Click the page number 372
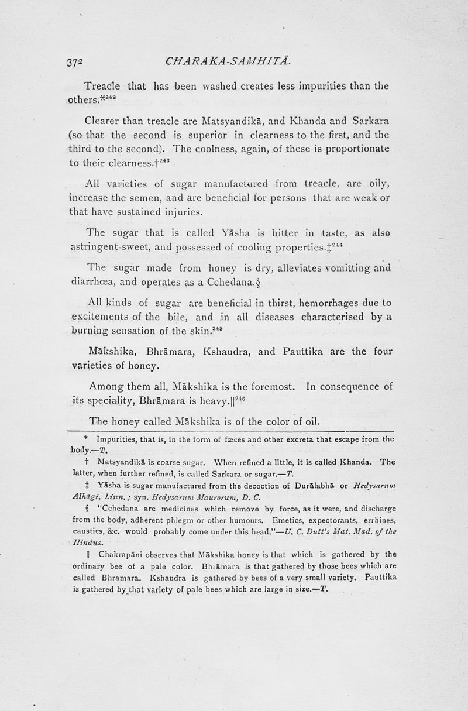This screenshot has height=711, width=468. coord(76,60)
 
